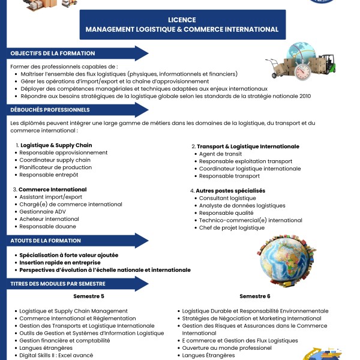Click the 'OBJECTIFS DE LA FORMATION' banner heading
point(53,53)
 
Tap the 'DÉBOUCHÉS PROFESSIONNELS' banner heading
point(50,110)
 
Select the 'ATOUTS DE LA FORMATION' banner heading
point(46,241)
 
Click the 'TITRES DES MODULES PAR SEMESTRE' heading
point(61,283)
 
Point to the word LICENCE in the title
point(182,20)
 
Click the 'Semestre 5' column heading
point(89,296)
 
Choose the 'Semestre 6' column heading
point(255,296)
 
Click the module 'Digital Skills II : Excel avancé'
point(56,355)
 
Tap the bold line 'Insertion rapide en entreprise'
point(59,262)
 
